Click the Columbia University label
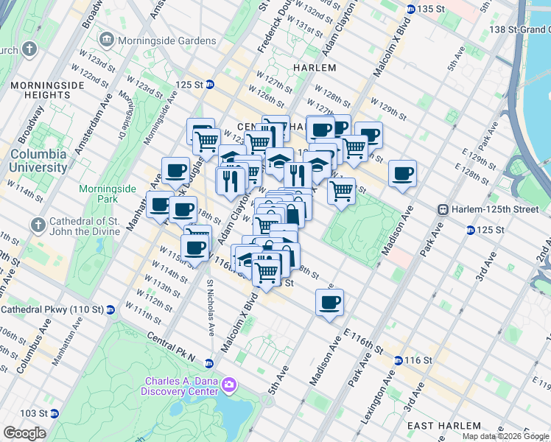coord(38,161)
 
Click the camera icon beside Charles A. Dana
coord(229,385)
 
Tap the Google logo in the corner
coord(24,433)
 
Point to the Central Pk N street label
coord(171,348)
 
